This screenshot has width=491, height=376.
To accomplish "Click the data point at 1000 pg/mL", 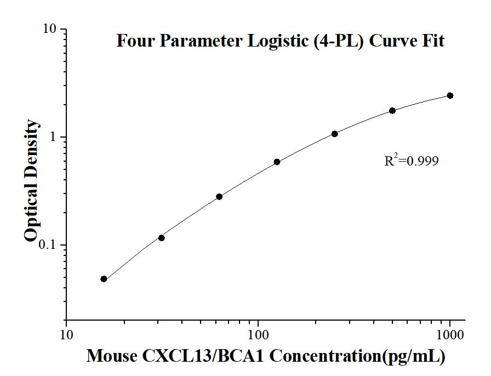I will tap(450, 95).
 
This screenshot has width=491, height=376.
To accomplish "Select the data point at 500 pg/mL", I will tap(392, 111).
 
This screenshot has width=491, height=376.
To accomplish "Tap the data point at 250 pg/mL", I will tap(334, 134).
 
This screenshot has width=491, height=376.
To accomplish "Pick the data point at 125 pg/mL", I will tap(277, 162).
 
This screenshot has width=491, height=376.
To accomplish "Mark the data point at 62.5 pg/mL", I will tap(219, 196).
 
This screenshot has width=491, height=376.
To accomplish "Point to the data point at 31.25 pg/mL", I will tap(161, 238).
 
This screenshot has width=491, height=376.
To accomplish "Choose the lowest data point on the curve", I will tap(104, 279).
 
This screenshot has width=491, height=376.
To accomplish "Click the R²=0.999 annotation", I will tap(412, 161).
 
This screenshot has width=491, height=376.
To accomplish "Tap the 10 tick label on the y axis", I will tap(52, 29).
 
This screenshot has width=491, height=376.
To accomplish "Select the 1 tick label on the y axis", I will tap(55, 137).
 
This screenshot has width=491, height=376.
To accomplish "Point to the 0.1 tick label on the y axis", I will tap(49, 245).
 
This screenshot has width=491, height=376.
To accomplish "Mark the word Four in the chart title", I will tap(133, 41).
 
